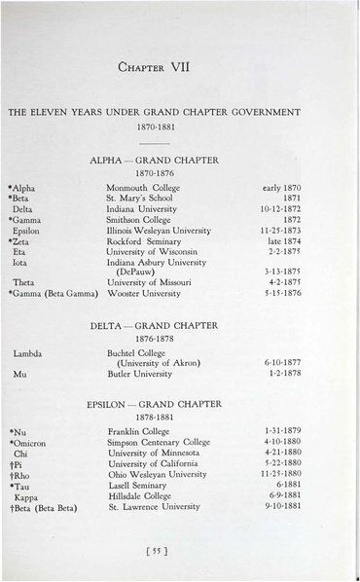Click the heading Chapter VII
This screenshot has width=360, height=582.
[180, 69]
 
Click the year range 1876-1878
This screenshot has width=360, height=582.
[180, 340]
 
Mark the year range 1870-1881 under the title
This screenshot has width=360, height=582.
[180, 127]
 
